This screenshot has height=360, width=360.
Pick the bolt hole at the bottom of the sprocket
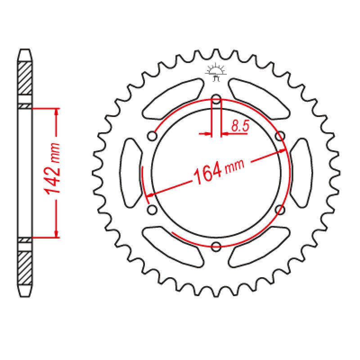point(216,246)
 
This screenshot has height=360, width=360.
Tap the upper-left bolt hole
point(153,135)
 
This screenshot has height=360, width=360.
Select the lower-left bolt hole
point(152,209)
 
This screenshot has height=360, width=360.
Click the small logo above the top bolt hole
point(216,72)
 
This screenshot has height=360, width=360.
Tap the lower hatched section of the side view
point(25,266)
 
